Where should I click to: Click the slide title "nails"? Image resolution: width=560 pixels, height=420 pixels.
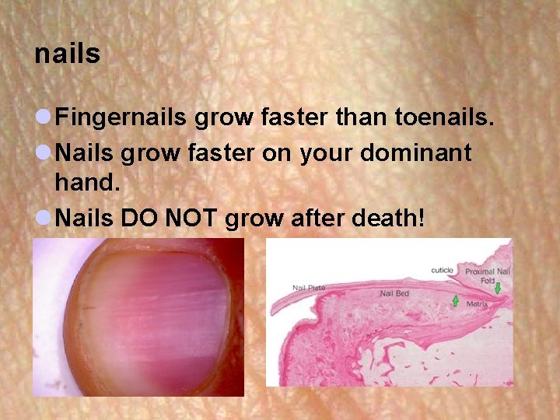(x=68, y=54)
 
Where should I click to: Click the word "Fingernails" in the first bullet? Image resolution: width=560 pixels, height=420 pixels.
(x=121, y=118)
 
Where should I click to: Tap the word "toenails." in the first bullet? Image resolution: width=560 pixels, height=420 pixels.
(x=445, y=118)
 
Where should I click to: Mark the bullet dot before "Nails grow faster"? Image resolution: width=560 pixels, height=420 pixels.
(x=43, y=153)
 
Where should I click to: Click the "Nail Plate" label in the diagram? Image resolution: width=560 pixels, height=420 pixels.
(x=310, y=288)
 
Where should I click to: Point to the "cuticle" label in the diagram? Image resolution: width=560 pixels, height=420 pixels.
(x=442, y=270)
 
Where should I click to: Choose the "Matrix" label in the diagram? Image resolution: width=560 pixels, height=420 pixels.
(x=477, y=304)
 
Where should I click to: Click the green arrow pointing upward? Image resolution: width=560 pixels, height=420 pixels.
(x=455, y=300)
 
